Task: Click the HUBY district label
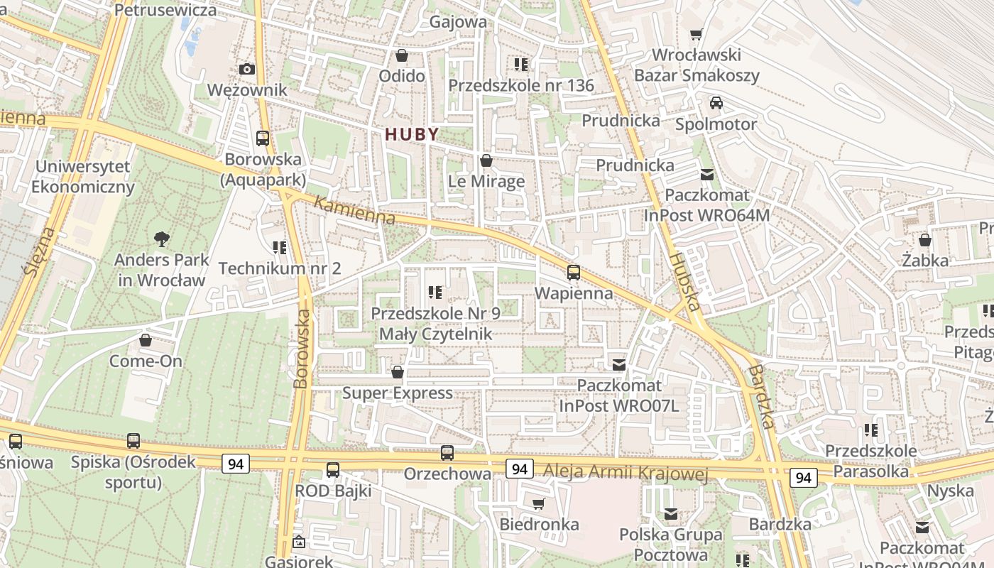412,133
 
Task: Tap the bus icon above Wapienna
573,272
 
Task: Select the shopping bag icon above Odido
402,55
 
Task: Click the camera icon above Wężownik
247,69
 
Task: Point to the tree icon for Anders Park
162,239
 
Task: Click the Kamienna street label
354,211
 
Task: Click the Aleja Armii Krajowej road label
626,472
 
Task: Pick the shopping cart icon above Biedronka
539,503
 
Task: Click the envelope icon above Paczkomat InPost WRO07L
619,365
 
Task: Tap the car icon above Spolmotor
716,103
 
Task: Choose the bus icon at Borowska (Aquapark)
263,138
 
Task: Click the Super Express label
398,393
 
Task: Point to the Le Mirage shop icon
486,160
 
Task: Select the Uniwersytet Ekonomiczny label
83,177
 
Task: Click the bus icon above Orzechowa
447,452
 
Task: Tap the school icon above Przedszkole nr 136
521,65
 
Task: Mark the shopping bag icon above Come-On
146,340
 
